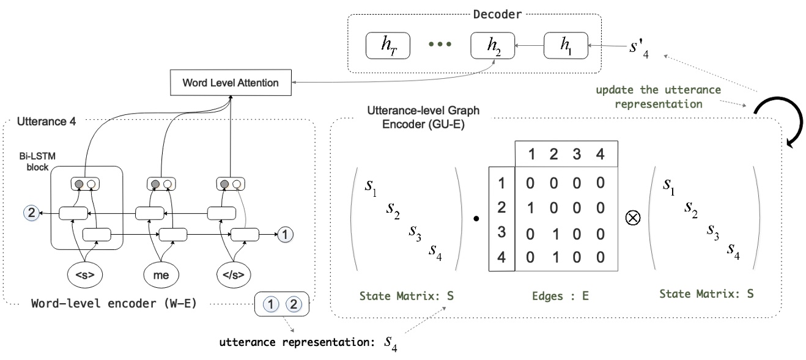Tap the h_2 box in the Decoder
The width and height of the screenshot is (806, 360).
pyautogui.click(x=492, y=46)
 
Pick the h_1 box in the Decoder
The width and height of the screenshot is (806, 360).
pyautogui.click(x=565, y=46)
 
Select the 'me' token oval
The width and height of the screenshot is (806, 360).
pyautogui.click(x=160, y=275)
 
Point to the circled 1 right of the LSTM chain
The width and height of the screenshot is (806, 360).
pyautogui.click(x=286, y=233)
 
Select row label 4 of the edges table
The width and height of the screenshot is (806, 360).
pyautogui.click(x=502, y=257)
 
